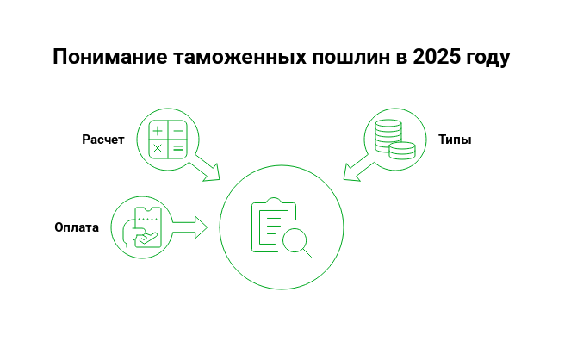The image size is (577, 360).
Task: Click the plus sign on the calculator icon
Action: tap(158, 131)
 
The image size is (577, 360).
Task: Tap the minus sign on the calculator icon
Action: tap(178, 131)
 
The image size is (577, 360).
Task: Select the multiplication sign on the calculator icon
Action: tap(158, 149)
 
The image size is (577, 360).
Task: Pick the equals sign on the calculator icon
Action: tap(178, 149)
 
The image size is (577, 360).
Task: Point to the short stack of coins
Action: tap(402, 150)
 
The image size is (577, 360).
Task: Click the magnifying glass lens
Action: tap(295, 240)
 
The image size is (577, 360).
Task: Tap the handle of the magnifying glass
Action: tap(307, 253)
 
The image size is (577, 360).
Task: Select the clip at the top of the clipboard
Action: tap(274, 202)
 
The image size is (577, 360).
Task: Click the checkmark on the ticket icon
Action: tap(147, 239)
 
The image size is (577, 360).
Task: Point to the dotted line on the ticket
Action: tap(147, 220)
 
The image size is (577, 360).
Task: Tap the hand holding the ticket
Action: tap(130, 233)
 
